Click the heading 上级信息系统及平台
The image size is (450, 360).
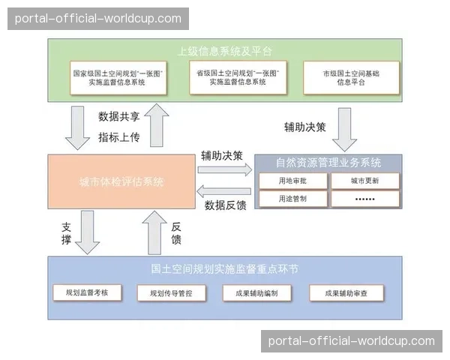225,51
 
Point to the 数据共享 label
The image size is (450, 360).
119,116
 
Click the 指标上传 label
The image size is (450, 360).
119,136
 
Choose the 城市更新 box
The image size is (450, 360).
364,181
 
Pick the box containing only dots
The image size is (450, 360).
364,199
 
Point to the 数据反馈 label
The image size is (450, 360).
226,204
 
